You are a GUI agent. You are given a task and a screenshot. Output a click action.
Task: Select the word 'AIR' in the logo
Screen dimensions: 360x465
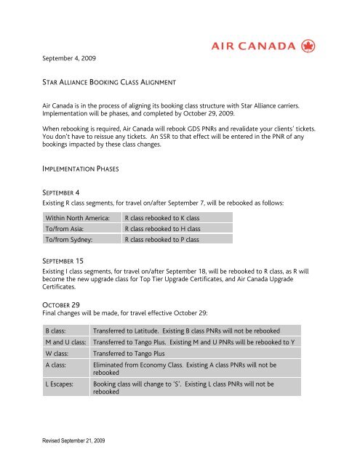point(225,46)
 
